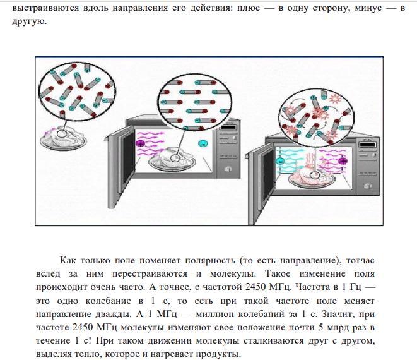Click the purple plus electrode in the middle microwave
[x=140, y=144]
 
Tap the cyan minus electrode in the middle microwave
[x=203, y=144]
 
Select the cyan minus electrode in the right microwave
[x=280, y=161]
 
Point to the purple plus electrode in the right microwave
[x=343, y=161]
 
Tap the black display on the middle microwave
[x=228, y=128]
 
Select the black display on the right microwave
[x=367, y=145]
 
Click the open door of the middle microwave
[x=120, y=162]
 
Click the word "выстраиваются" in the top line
[x=46, y=8]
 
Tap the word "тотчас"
[x=360, y=260]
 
